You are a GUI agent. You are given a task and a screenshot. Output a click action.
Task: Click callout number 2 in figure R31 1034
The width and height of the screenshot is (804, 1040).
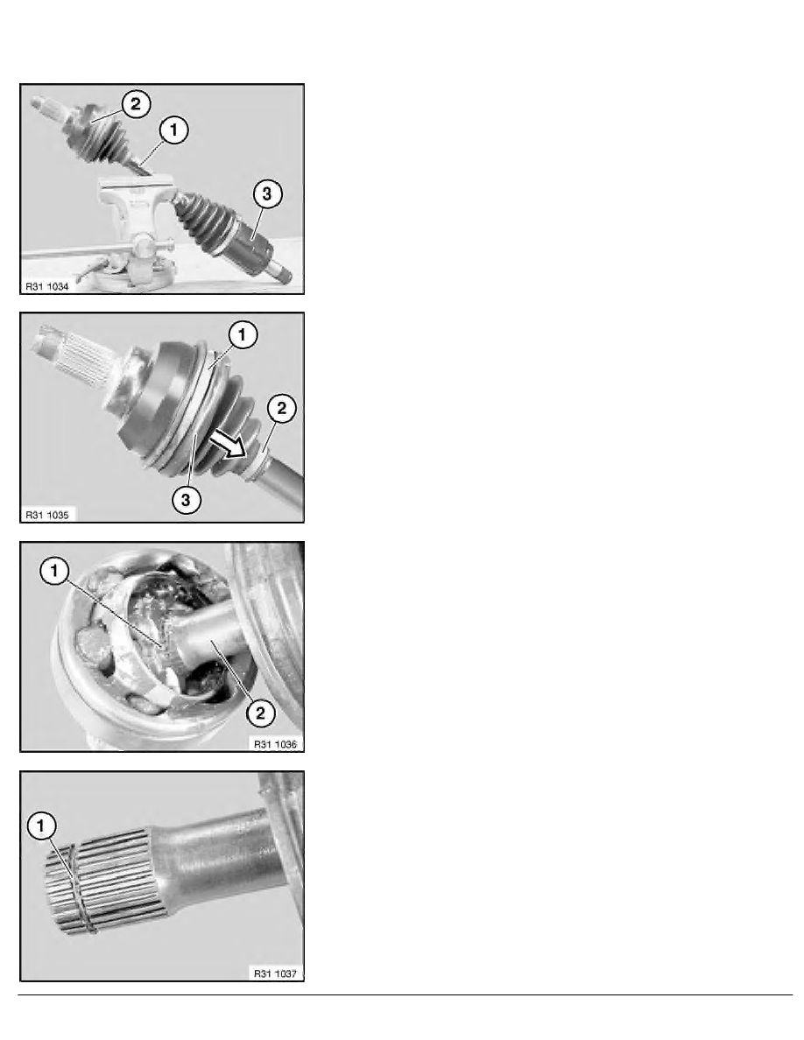coord(136,104)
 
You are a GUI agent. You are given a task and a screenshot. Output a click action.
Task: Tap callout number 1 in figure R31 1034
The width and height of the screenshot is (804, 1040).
coord(173,130)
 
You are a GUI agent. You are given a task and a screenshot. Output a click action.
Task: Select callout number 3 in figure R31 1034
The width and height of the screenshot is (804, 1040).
coord(266,193)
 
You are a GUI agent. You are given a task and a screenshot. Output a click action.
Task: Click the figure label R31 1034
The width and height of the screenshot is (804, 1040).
coord(47,286)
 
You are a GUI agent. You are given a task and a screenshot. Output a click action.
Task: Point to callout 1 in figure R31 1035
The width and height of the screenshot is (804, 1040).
coord(242,335)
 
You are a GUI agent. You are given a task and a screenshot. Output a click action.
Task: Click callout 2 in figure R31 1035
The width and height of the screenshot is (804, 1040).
coord(282,408)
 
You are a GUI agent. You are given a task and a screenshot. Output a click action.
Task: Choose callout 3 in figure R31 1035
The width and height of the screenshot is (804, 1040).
coord(187,500)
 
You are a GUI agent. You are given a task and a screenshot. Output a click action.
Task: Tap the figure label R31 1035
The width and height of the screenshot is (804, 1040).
coord(47,515)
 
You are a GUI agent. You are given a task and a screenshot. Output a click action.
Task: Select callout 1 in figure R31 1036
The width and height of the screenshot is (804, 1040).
coord(54,571)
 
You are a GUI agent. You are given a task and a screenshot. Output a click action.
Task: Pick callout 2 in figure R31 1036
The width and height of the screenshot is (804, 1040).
coord(260,713)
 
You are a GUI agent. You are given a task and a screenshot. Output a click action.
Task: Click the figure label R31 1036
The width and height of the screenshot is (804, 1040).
coord(275,744)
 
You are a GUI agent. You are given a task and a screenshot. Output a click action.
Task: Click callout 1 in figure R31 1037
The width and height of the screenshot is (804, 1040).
coord(42,826)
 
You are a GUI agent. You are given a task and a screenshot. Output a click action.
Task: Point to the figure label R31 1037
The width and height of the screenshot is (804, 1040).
coord(275,973)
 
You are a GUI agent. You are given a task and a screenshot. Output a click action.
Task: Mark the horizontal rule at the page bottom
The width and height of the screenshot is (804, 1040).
coord(406,994)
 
